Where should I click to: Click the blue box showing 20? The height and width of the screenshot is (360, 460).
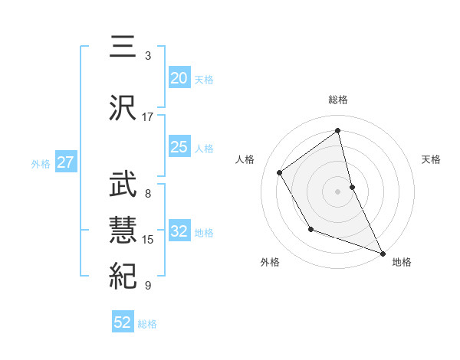pyautogui.click(x=179, y=77)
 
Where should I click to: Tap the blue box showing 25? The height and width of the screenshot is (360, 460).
pyautogui.click(x=179, y=147)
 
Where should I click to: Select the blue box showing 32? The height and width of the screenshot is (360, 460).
pyautogui.click(x=179, y=231)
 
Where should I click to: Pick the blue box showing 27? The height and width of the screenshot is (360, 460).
pyautogui.click(x=65, y=162)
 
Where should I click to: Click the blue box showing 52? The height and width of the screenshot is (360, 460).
pyautogui.click(x=123, y=322)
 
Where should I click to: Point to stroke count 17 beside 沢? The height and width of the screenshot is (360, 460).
pyautogui.click(x=148, y=117)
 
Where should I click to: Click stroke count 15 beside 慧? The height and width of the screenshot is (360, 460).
pyautogui.click(x=148, y=240)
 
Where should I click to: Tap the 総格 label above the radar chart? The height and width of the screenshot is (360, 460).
pyautogui.click(x=338, y=100)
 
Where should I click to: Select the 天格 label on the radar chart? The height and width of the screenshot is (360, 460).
pyautogui.click(x=431, y=159)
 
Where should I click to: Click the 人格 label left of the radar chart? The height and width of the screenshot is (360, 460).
pyautogui.click(x=245, y=159)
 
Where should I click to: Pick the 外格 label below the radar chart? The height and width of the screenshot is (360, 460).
pyautogui.click(x=270, y=262)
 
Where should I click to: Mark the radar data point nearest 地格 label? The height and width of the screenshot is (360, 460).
pyautogui.click(x=383, y=252)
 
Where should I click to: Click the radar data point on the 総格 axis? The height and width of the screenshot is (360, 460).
pyautogui.click(x=338, y=130)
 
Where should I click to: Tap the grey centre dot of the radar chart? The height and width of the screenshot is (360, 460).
pyautogui.click(x=338, y=191)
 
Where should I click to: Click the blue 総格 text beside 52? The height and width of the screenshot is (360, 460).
pyautogui.click(x=147, y=324)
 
